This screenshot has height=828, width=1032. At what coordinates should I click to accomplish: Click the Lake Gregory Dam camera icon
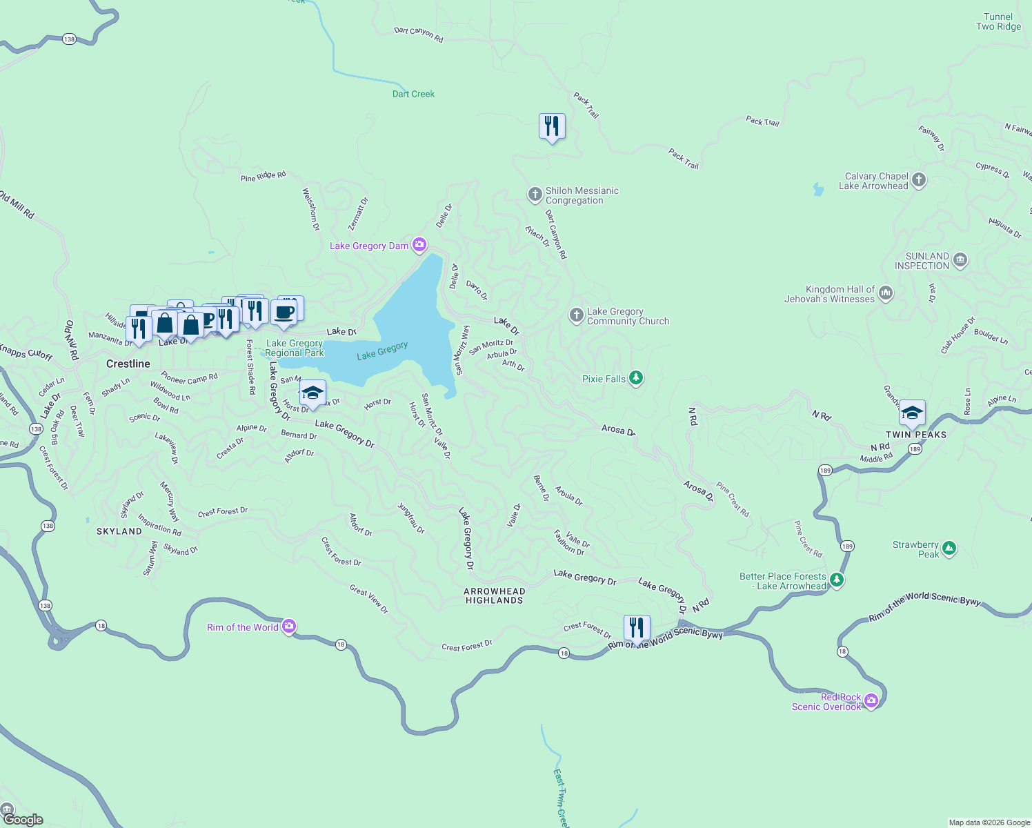(x=419, y=245)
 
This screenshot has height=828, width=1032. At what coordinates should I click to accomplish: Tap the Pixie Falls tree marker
(x=636, y=378)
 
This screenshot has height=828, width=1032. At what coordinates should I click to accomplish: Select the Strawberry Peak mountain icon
(x=949, y=549)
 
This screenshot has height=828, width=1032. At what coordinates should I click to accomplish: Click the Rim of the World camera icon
(x=289, y=627)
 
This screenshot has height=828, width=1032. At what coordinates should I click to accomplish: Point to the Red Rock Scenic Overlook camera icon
(x=871, y=701)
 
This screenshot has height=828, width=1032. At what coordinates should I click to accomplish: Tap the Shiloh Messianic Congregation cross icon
(x=535, y=195)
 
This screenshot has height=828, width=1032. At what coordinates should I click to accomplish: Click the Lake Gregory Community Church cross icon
(x=576, y=315)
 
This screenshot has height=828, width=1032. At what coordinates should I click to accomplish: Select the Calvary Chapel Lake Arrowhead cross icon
(x=918, y=180)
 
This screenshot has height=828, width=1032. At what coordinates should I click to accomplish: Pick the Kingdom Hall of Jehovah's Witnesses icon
(x=886, y=293)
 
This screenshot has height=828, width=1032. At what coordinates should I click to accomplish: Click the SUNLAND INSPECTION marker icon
(x=960, y=260)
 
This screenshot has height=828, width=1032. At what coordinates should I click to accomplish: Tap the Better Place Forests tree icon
(x=837, y=580)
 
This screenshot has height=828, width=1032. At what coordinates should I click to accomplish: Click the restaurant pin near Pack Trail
(x=552, y=126)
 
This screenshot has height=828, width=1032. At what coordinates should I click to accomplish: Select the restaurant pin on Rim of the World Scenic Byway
(x=637, y=628)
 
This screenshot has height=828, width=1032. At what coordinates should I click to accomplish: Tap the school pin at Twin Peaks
(x=912, y=413)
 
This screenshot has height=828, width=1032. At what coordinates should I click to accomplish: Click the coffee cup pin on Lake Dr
(x=284, y=313)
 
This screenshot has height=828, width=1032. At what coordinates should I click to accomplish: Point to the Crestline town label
(x=128, y=364)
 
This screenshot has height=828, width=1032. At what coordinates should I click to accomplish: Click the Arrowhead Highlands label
(x=495, y=595)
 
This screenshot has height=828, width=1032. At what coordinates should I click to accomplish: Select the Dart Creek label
(x=413, y=94)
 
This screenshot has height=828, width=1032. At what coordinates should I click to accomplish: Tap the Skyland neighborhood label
(x=119, y=531)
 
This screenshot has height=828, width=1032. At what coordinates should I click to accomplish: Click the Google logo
(x=23, y=820)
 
